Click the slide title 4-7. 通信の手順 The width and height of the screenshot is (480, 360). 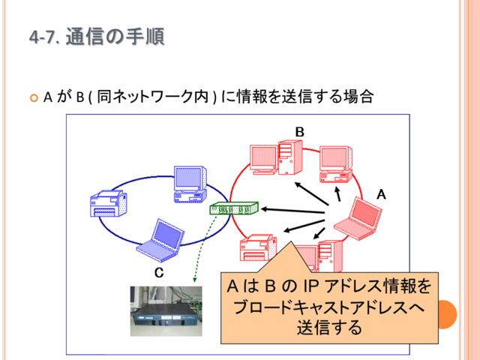coord(97,37)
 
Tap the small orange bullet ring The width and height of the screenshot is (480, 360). coord(34,98)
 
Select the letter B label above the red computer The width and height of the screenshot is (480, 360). coord(300,132)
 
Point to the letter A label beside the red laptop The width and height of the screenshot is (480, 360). coord(381,194)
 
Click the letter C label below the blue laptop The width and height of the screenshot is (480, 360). coord(159,272)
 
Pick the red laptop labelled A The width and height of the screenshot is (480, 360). coord(358,218)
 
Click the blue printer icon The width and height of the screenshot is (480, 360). coord(108,203)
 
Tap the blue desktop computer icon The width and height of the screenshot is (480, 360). coord(190,184)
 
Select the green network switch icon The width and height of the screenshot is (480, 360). coord(234,208)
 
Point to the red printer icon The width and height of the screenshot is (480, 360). coord(258,247)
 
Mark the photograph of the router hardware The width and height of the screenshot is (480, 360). coord(166,311)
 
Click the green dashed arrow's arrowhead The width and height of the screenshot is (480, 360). coord(194,280)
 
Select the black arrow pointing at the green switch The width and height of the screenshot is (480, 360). coord(292,211)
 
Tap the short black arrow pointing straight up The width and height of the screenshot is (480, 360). coord(338,193)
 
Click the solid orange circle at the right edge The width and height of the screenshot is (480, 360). coord(448,314)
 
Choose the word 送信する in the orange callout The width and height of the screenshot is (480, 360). coord(329,327)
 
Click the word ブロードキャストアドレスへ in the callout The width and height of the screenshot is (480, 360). coord(329,307)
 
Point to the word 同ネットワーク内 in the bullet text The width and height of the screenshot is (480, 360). coord(153,97)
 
